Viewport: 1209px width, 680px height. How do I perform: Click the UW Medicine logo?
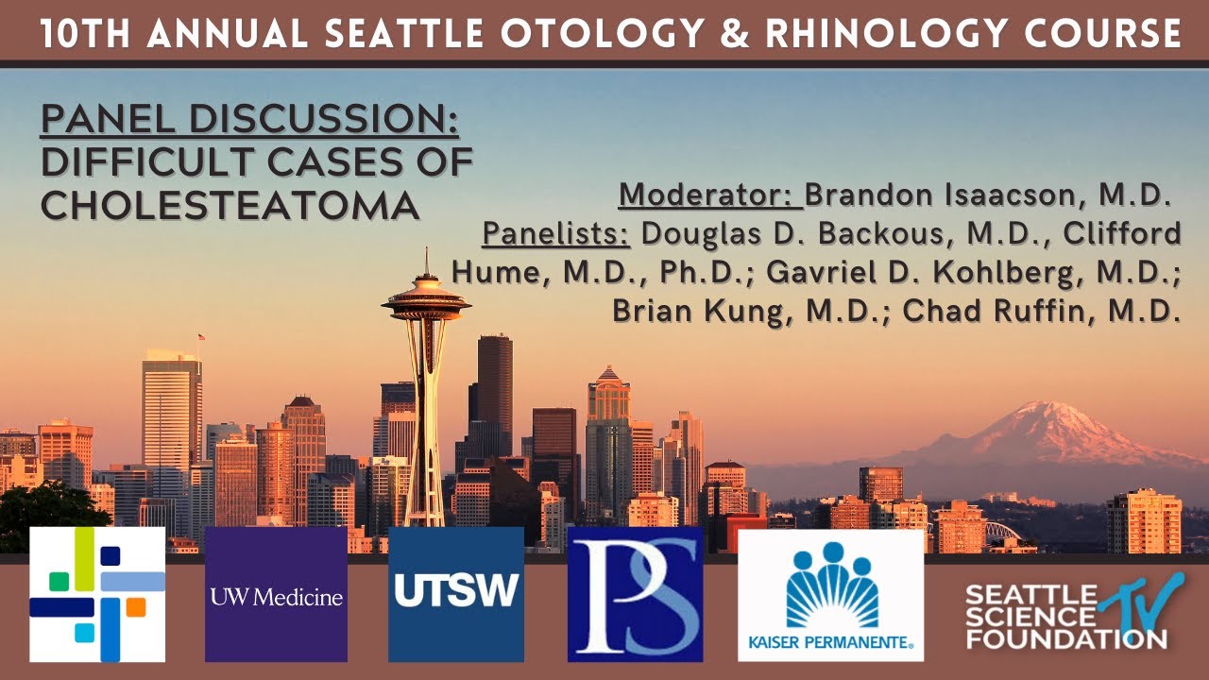click(276, 595)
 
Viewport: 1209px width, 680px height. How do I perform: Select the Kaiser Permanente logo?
click(830, 595)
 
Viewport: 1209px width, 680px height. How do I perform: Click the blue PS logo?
click(635, 595)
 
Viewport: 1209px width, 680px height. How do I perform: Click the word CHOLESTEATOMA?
click(230, 204)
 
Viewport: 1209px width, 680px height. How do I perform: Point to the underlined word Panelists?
click(556, 233)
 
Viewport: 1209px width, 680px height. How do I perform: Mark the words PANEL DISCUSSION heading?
click(249, 121)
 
